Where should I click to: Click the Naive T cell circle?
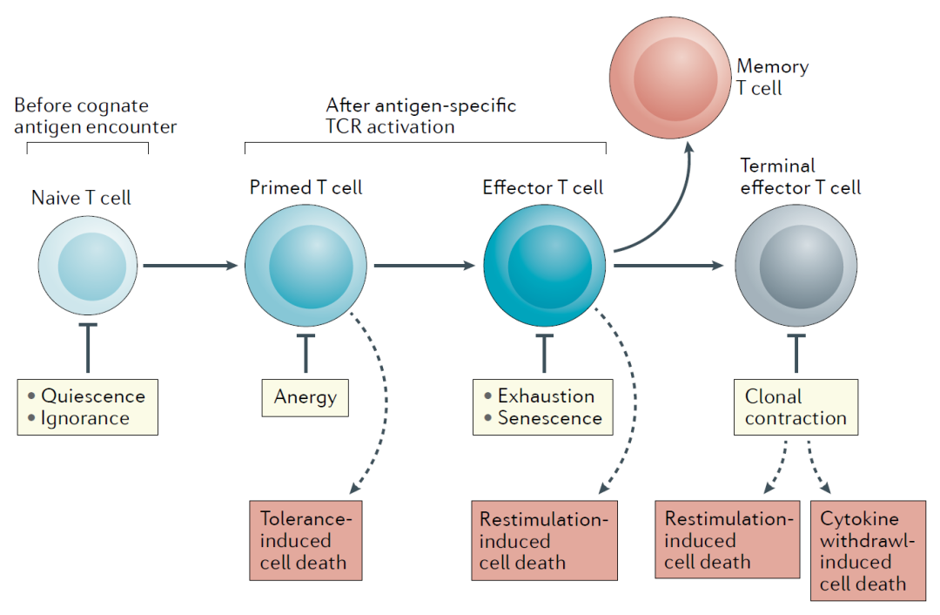pos(88,265)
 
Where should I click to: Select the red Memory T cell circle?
pos(670,78)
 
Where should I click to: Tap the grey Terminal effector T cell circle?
pos(796,265)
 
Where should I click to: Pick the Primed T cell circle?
pos(305,265)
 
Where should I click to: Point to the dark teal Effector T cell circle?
pos(544,265)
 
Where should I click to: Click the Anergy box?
pos(305,398)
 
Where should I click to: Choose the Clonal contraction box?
pos(796,407)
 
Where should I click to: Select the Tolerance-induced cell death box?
pos(305,541)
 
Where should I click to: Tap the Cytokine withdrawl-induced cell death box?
pos(868,551)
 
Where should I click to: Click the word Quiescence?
pos(93,396)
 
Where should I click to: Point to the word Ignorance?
pos(85,418)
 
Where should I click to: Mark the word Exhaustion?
pos(546,396)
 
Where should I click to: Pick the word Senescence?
pos(550,417)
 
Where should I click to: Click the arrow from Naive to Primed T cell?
pos(191,265)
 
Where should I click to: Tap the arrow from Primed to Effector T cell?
pos(425,265)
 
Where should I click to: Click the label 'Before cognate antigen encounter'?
pos(96,116)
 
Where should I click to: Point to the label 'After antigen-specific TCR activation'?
pos(421,116)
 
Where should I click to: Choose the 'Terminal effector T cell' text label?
pos(801,177)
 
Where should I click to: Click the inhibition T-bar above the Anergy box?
pos(305,354)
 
